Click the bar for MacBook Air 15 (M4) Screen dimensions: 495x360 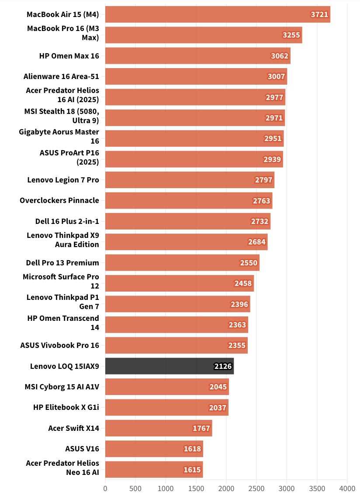(x=218, y=14)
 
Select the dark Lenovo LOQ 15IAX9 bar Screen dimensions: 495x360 (x=170, y=366)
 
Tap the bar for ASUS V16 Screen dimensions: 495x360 (x=154, y=449)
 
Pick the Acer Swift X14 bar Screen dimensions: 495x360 (x=158, y=428)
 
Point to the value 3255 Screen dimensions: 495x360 (x=291, y=35)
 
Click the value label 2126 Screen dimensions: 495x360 (x=223, y=366)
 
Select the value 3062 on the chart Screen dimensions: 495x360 (x=280, y=56)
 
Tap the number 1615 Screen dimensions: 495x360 (x=192, y=470)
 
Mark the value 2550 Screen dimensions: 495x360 (x=249, y=263)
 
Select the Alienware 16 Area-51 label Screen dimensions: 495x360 (x=61, y=77)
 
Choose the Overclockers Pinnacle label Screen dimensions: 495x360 (x=59, y=201)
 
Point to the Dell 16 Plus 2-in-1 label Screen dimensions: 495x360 (x=67, y=221)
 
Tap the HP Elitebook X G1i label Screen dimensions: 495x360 (x=66, y=408)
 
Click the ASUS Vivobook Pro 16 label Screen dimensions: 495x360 (x=59, y=345)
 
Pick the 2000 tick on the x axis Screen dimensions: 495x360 (x=226, y=487)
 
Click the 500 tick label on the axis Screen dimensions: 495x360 (x=135, y=487)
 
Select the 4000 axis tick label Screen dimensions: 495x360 (x=347, y=487)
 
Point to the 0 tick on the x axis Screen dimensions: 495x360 (x=105, y=487)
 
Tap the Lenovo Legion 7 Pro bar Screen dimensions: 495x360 (x=190, y=180)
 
